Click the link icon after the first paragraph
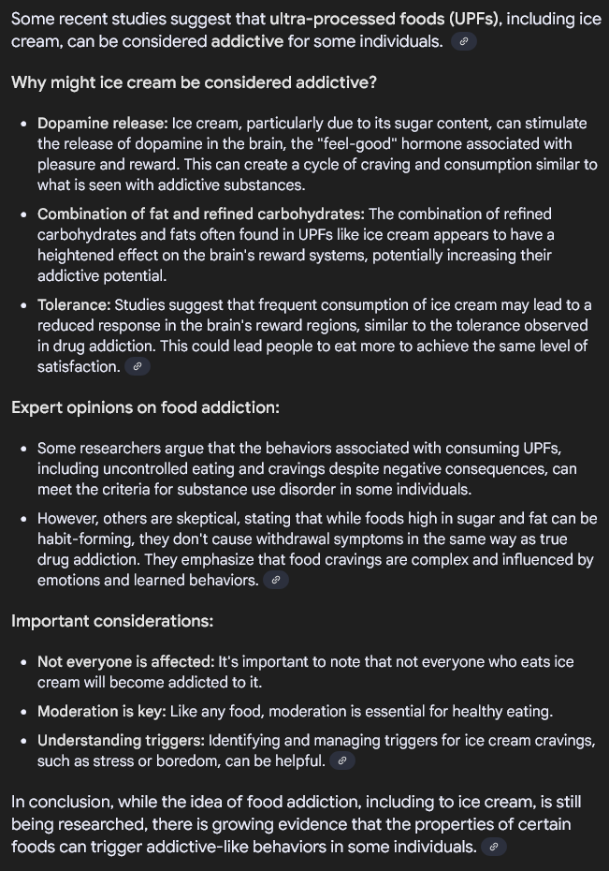[463, 42]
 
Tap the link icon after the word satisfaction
[137, 367]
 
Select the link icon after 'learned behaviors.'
[275, 581]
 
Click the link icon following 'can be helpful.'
[341, 761]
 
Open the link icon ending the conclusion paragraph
[494, 848]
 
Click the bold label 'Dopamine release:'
[103, 124]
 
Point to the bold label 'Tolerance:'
[74, 305]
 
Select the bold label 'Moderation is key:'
[102, 712]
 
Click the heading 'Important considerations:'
[112, 621]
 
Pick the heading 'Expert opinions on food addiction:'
[145, 407]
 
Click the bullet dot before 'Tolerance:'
[24, 306]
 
